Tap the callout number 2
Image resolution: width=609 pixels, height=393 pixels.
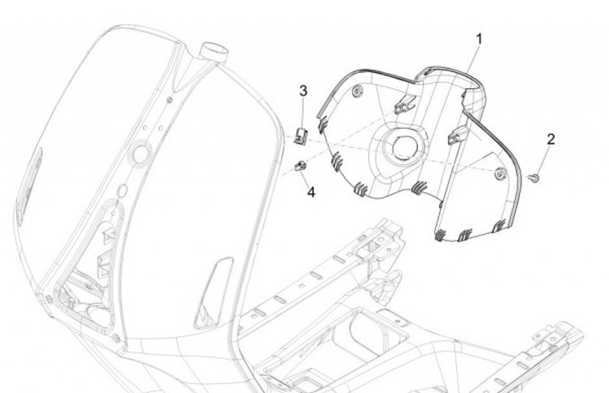tap(551, 139)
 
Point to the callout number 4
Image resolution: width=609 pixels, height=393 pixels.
tap(310, 192)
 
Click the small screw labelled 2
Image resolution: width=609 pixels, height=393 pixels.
tap(534, 177)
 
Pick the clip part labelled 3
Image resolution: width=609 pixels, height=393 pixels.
tap(302, 132)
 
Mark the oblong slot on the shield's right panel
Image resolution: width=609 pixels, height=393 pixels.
tap(214, 292)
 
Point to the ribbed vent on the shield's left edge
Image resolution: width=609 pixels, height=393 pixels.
tap(30, 182)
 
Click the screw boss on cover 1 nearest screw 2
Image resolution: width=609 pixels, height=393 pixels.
tap(501, 173)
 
